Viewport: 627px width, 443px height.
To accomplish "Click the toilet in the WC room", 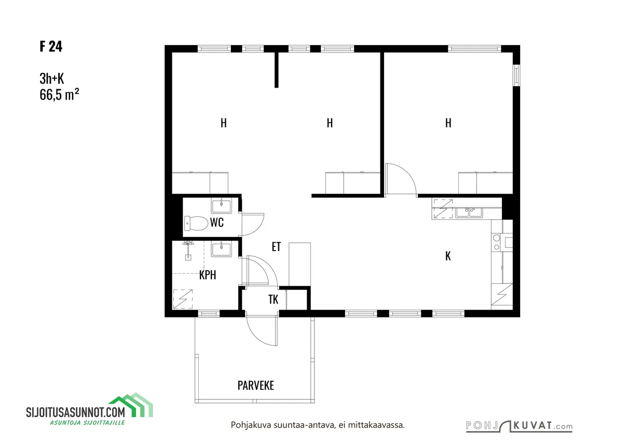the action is (x=196, y=224).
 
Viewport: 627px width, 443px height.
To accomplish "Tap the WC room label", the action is (x=216, y=223).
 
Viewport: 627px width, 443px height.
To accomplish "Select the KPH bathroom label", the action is (x=208, y=275).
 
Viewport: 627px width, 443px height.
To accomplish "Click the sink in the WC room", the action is (x=222, y=205).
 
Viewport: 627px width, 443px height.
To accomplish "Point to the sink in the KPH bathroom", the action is (x=222, y=249).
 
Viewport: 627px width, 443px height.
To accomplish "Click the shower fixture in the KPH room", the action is (x=188, y=251).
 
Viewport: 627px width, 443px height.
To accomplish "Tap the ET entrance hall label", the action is (x=276, y=247).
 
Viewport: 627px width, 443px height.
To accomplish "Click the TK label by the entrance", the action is (x=273, y=299).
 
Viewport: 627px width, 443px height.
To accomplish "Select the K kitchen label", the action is (x=448, y=256).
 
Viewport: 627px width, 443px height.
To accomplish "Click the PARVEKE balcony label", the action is (x=255, y=385).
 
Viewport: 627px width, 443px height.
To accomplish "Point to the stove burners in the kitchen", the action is (x=497, y=242).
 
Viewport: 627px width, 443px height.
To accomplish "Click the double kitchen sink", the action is (x=469, y=212).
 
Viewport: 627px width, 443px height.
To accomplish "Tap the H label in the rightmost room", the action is (x=448, y=123).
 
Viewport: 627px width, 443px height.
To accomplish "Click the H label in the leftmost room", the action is (x=223, y=123).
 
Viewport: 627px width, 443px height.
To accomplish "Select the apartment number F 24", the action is (x=51, y=46).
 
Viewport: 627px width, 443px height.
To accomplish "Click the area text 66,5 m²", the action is (x=59, y=94).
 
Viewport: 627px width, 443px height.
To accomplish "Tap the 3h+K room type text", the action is (x=52, y=78).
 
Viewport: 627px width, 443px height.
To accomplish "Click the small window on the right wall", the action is (x=516, y=75).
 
